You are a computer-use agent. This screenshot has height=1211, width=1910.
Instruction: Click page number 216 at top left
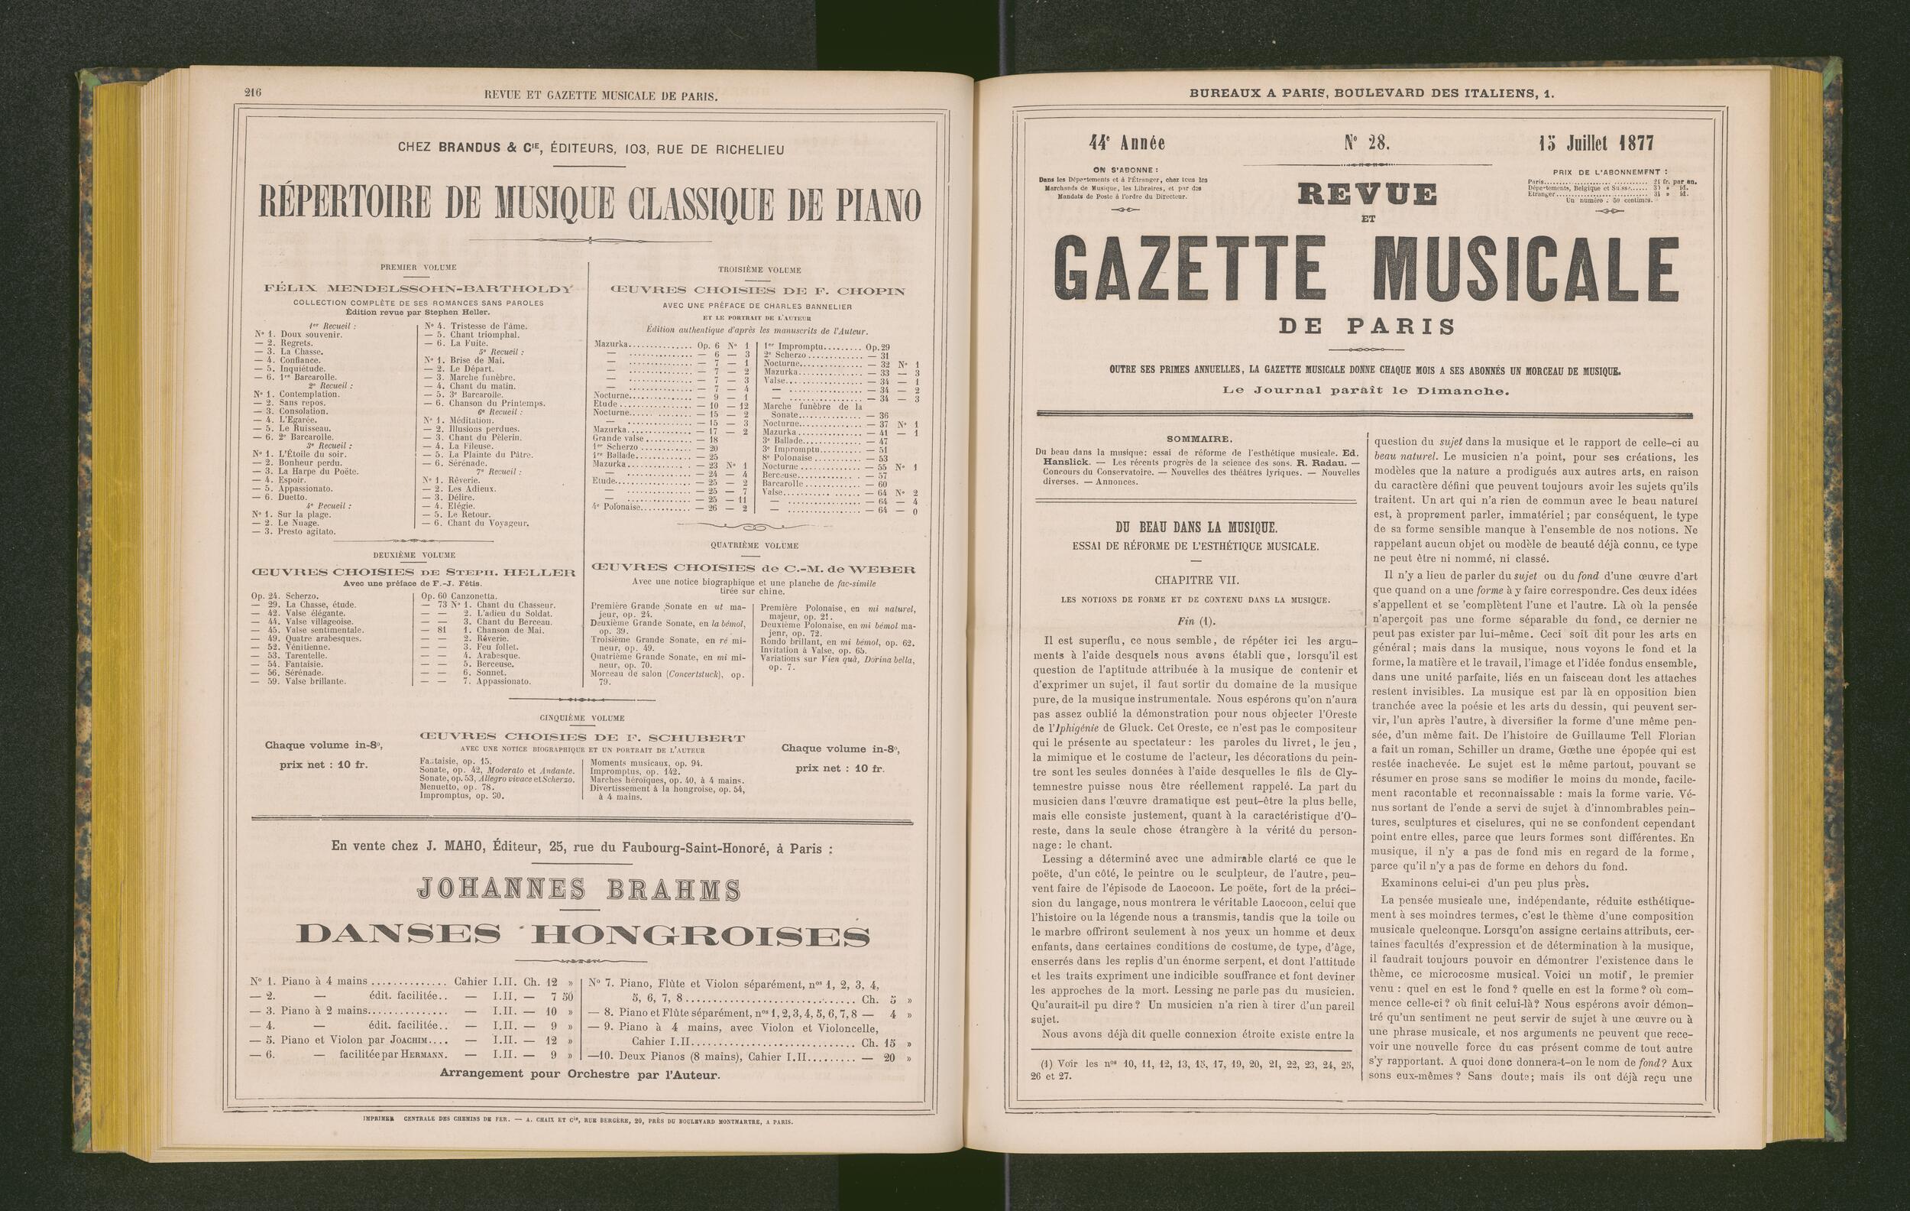coord(252,93)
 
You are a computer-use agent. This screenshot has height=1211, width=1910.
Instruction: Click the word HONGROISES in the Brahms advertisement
coord(703,936)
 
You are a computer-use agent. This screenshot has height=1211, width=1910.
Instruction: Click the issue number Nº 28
coord(1366,143)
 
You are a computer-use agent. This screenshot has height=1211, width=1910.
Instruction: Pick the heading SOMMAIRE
coord(1199,438)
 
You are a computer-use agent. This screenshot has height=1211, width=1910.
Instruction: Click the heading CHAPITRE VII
coord(1196,580)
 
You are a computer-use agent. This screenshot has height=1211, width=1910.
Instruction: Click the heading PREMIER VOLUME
coord(415,268)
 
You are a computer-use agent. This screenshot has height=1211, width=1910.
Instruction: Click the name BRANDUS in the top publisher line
coord(472,149)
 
